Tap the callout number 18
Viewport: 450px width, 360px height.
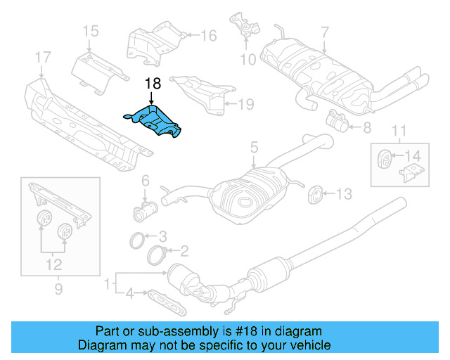pos(153,84)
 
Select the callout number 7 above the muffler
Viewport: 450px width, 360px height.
pos(325,32)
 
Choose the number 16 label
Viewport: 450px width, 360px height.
pos(209,35)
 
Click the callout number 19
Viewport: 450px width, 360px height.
pos(245,105)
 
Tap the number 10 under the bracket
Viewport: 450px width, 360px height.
pos(248,60)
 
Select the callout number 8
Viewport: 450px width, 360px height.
pos(366,128)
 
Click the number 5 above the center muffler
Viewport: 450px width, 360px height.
pos(255,148)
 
